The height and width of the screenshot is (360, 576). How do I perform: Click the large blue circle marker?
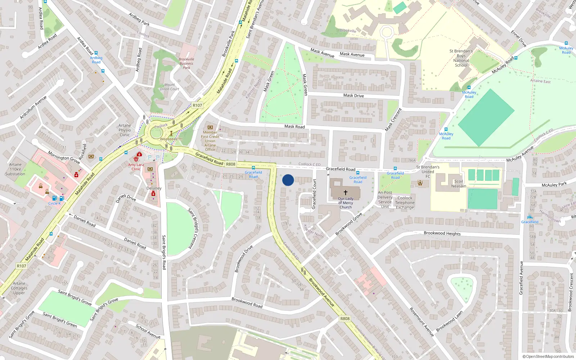pos(288,180)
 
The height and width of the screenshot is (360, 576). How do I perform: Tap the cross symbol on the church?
pos(345,193)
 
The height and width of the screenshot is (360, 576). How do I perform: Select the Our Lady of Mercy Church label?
pos(346,203)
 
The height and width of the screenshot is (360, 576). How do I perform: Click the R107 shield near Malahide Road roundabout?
pos(197,105)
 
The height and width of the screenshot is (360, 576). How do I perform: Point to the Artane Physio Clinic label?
pos(125,130)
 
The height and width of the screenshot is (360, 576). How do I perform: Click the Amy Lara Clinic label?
pos(136,167)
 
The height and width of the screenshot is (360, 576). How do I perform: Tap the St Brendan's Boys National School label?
pos(461,58)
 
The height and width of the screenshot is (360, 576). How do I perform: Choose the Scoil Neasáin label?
pos(459,184)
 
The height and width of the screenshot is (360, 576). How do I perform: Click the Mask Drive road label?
pos(354,95)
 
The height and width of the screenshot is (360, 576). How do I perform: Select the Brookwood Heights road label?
pos(442,233)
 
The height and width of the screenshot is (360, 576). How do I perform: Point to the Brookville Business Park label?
pos(186,63)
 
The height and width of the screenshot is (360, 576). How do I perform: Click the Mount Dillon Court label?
pos(170,87)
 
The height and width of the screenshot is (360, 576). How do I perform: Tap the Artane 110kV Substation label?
pos(15,169)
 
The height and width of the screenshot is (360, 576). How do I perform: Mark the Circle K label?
pos(55,203)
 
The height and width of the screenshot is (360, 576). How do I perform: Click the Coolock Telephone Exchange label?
pos(405,203)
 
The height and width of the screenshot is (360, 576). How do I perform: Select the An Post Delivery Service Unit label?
pos(385,199)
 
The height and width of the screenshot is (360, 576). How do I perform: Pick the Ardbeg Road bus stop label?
pos(96,60)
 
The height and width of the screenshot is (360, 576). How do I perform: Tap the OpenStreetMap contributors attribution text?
pos(548,356)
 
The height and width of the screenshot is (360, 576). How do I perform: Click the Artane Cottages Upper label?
pos(19,288)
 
